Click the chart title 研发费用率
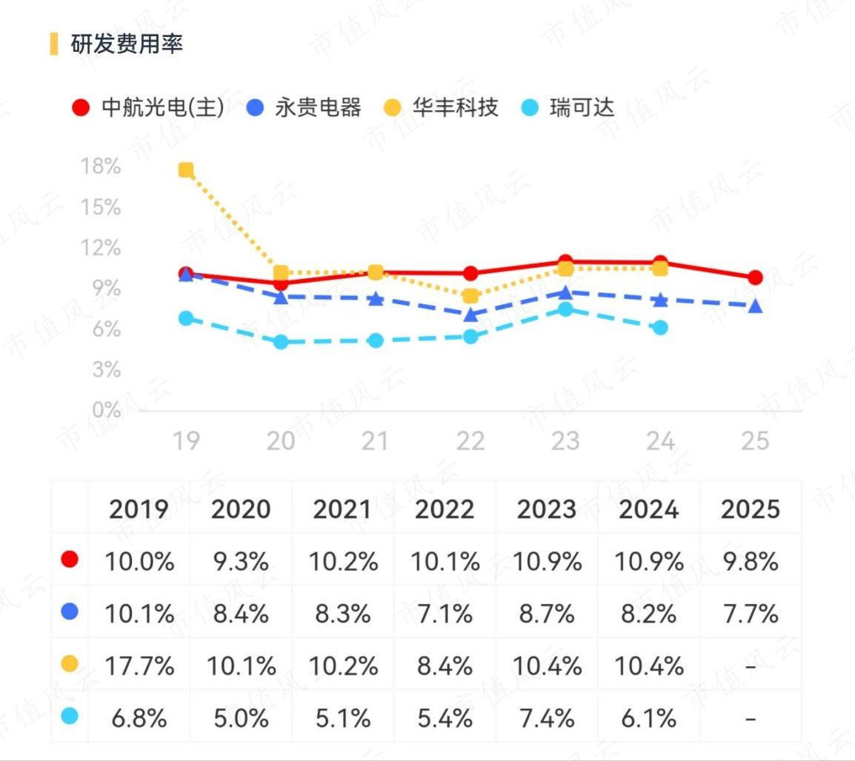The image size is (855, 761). click(x=127, y=44)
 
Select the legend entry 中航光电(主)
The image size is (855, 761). click(x=147, y=107)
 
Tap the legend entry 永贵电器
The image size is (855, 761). click(x=304, y=107)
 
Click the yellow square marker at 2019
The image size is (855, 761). click(x=186, y=170)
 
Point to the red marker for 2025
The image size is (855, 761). click(x=755, y=278)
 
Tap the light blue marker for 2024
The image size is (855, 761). click(x=660, y=327)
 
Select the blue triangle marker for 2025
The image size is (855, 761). click(x=755, y=306)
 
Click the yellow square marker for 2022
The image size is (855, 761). click(x=470, y=296)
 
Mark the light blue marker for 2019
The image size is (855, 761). click(x=186, y=318)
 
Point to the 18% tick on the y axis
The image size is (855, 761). click(x=101, y=166)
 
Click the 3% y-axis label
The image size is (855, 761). click(x=107, y=369)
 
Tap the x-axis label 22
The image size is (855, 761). click(x=470, y=440)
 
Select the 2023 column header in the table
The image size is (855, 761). click(x=546, y=509)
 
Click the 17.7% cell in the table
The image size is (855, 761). click(x=139, y=666)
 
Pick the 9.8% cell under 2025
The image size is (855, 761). click(x=751, y=562)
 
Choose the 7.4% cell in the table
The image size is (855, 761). click(x=546, y=719)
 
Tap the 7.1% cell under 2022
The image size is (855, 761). click(x=445, y=614)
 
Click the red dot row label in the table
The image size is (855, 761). click(x=70, y=560)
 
